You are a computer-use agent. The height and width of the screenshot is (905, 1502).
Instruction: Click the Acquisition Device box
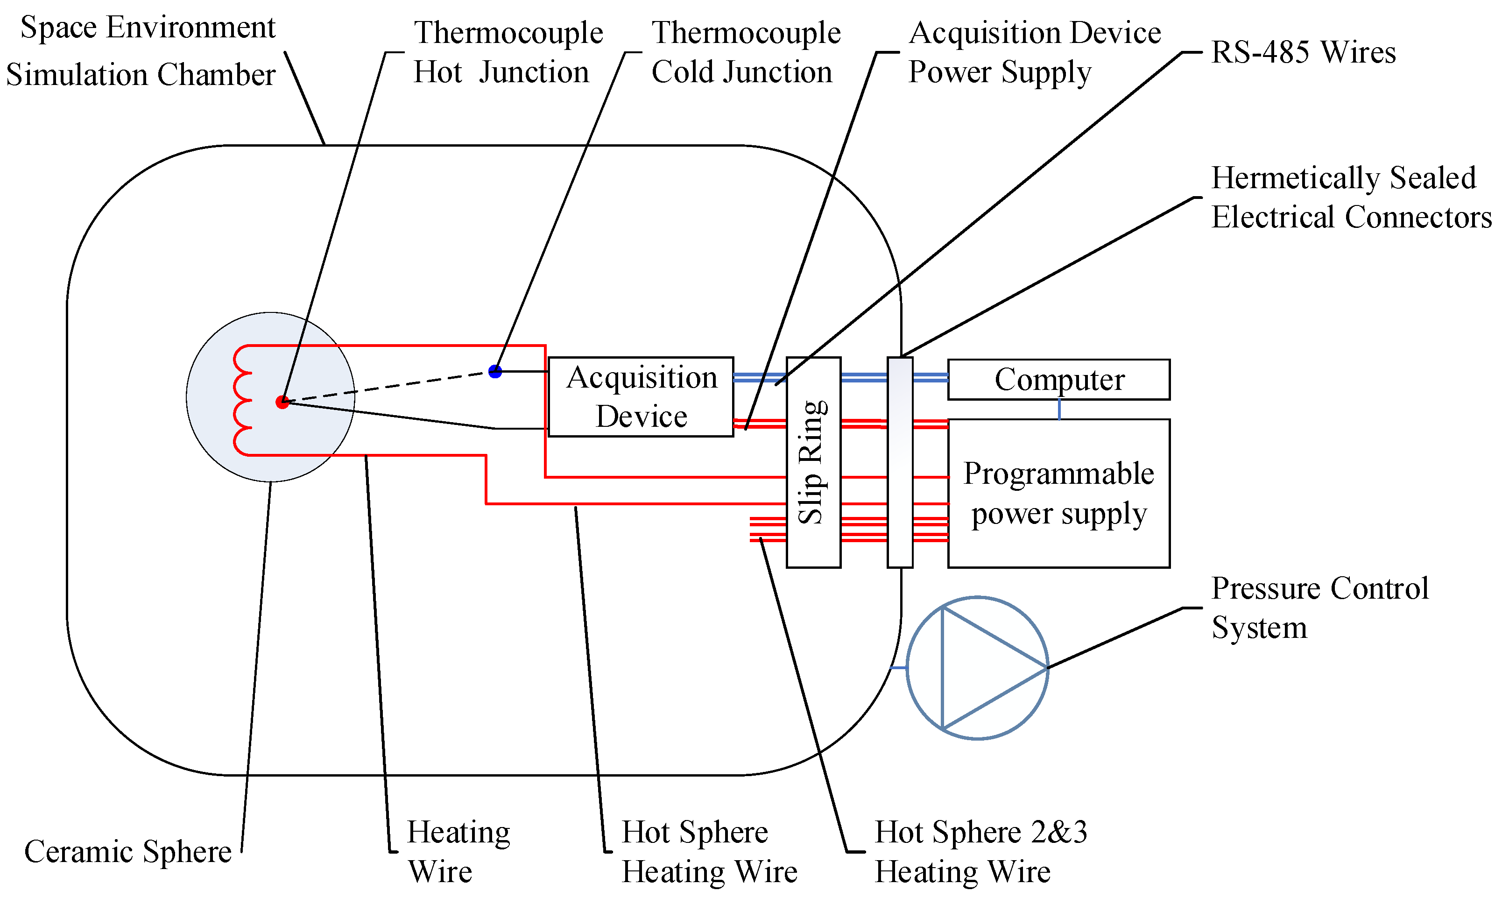click(641, 397)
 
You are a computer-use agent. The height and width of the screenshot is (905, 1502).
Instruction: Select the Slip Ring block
click(813, 462)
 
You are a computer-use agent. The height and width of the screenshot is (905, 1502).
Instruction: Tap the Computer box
click(1058, 379)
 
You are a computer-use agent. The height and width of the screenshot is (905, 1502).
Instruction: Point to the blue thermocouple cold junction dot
click(495, 371)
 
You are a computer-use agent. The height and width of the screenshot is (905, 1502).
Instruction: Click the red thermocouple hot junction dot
click(282, 402)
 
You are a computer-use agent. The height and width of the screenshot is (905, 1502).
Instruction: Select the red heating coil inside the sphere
click(242, 401)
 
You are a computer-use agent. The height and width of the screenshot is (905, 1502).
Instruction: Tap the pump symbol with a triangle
click(977, 668)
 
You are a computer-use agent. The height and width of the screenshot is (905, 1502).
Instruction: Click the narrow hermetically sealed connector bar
click(900, 462)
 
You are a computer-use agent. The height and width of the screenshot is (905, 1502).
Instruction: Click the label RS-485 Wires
click(1303, 52)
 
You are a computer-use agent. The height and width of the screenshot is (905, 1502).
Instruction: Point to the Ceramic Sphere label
click(127, 851)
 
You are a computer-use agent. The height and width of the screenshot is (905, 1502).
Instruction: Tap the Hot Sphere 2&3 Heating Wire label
click(980, 851)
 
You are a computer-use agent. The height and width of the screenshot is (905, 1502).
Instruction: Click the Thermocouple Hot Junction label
click(508, 52)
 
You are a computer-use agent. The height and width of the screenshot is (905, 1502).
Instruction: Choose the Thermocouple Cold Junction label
click(746, 52)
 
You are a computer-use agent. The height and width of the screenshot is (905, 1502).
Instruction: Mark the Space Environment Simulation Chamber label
click(141, 51)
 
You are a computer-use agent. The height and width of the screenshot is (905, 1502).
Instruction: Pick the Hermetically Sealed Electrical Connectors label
click(1350, 198)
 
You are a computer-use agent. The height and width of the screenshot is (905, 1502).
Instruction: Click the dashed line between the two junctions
click(390, 387)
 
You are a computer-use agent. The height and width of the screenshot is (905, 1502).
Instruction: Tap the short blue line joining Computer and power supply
click(1059, 409)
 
